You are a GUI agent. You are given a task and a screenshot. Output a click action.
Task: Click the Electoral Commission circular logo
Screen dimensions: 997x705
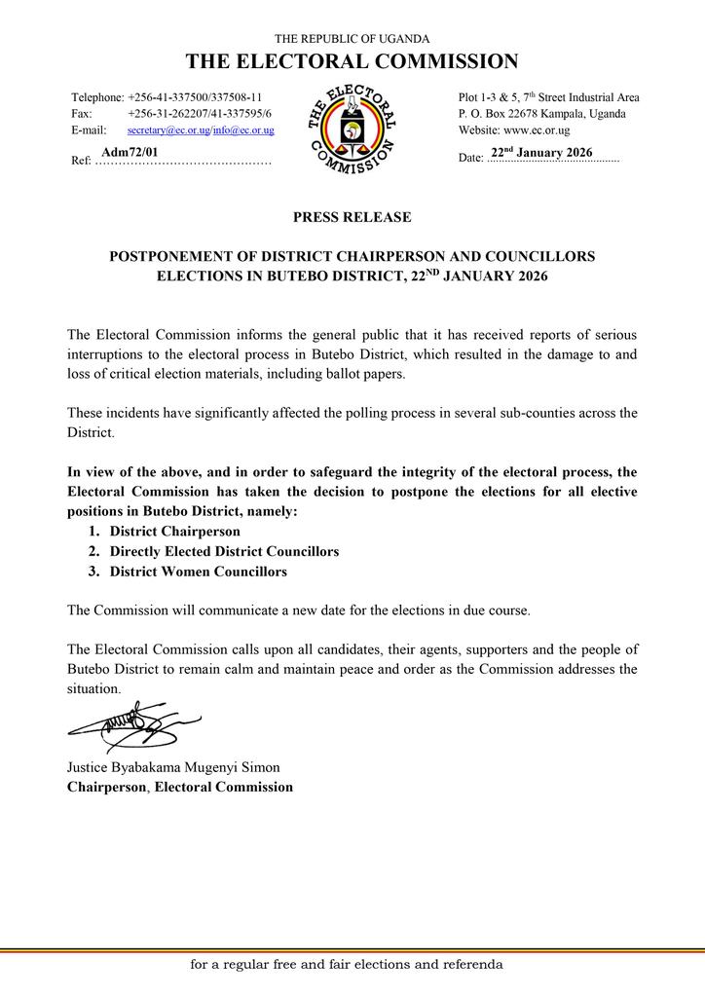pyautogui.click(x=352, y=129)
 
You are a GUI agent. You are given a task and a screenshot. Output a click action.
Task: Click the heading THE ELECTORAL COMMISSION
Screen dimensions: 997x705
pyautogui.click(x=352, y=62)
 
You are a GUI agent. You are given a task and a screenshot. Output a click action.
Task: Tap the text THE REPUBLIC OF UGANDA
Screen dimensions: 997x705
pyautogui.click(x=352, y=38)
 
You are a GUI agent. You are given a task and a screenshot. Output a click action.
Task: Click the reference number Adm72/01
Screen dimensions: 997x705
pyautogui.click(x=130, y=153)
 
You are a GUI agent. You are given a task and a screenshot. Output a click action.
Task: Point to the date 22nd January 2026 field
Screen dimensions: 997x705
pyautogui.click(x=541, y=153)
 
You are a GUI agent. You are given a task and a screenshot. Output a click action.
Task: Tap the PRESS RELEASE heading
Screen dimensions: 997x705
pyautogui.click(x=352, y=217)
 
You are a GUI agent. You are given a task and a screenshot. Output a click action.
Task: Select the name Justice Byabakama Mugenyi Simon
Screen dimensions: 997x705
pyautogui.click(x=172, y=767)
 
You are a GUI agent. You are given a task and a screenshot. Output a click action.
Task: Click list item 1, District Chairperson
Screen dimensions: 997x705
pyautogui.click(x=174, y=532)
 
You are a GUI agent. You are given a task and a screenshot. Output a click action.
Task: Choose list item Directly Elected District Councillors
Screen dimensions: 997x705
pyautogui.click(x=224, y=552)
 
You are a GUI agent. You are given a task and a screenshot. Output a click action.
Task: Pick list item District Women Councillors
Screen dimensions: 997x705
pyautogui.click(x=198, y=572)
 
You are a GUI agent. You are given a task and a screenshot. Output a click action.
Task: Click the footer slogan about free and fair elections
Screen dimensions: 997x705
pyautogui.click(x=347, y=965)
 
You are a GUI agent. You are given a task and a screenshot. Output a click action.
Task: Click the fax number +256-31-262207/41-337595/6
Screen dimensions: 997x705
pyautogui.click(x=200, y=114)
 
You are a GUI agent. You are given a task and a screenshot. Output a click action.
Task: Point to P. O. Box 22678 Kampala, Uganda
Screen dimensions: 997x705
pyautogui.click(x=541, y=114)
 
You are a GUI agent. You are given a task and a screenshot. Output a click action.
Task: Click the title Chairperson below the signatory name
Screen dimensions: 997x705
pyautogui.click(x=106, y=787)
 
